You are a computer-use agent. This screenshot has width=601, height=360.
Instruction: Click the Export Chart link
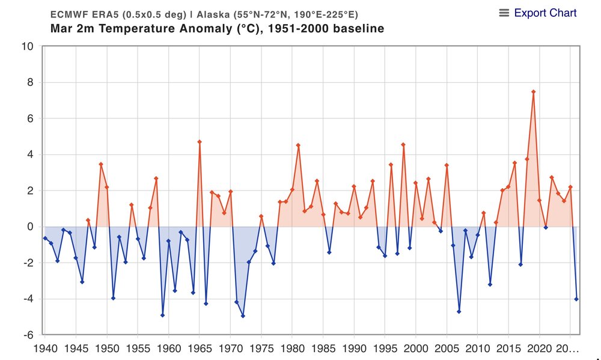click(545, 13)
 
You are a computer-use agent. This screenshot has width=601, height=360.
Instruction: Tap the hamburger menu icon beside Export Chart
click(504, 13)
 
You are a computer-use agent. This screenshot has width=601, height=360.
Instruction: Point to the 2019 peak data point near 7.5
click(533, 91)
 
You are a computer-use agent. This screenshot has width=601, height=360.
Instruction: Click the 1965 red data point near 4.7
click(200, 142)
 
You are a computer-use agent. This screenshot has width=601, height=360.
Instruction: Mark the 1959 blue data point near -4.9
click(162, 315)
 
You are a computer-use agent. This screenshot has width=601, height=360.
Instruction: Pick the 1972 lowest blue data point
click(243, 316)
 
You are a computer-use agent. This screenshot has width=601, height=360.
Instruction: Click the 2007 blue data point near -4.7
click(459, 311)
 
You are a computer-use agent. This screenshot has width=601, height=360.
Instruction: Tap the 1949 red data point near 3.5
click(101, 164)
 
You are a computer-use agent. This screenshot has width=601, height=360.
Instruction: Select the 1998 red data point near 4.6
click(403, 144)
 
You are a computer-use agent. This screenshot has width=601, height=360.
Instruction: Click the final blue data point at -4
click(576, 299)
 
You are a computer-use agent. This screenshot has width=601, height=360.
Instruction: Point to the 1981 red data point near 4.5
click(298, 145)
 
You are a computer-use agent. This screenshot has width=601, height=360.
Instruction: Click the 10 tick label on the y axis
click(27, 47)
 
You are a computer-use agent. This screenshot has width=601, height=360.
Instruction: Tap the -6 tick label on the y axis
click(27, 335)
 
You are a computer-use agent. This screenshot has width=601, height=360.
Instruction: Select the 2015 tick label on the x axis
click(508, 348)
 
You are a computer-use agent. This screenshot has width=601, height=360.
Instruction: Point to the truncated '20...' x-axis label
click(566, 348)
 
